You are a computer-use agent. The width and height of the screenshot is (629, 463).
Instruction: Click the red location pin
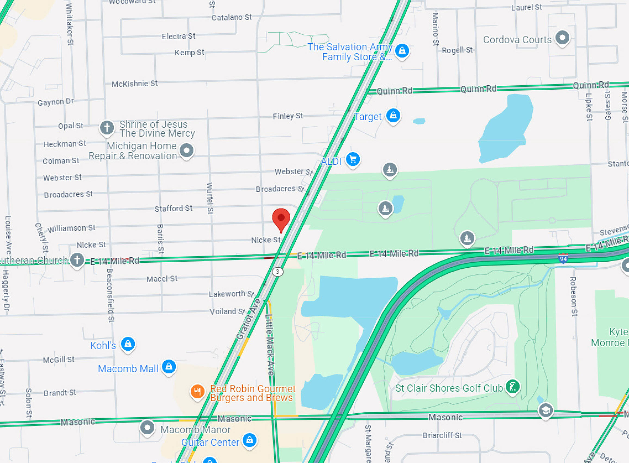click(x=281, y=218)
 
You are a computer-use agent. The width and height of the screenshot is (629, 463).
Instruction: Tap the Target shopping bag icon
click(x=393, y=116)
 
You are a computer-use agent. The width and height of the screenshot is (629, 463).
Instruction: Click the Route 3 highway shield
click(x=277, y=272)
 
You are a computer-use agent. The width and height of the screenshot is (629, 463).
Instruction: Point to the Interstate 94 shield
click(x=563, y=258)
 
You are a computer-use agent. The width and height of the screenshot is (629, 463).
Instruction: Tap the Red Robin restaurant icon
click(x=197, y=391)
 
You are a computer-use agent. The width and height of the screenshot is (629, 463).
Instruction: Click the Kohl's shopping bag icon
click(x=128, y=344)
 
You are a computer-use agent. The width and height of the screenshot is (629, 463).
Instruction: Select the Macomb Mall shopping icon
click(x=169, y=367)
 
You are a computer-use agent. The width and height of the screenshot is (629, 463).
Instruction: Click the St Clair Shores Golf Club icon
click(x=512, y=387)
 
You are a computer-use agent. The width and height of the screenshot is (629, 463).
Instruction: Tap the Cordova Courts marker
click(x=562, y=38)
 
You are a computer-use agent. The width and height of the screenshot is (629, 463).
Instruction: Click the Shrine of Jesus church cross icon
click(x=107, y=128)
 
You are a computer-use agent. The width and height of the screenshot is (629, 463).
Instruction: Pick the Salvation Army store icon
click(x=402, y=50)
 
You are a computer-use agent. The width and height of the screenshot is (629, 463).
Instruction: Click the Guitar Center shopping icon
click(x=250, y=440)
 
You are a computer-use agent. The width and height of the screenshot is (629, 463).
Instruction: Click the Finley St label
click(x=288, y=116)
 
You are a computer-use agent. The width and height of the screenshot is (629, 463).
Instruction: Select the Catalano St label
click(x=231, y=18)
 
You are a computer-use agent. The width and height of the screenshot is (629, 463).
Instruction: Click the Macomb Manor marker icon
click(x=147, y=428)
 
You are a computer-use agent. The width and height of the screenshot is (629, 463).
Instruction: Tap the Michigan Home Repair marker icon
click(x=186, y=150)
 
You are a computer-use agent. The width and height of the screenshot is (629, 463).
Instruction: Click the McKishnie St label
click(x=134, y=84)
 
